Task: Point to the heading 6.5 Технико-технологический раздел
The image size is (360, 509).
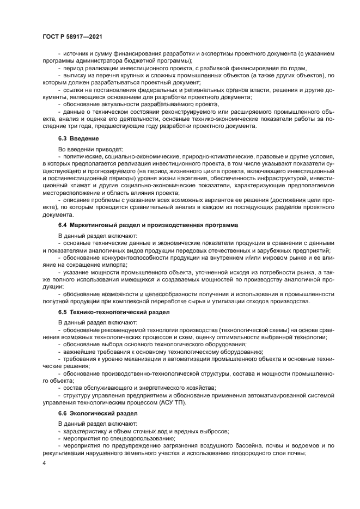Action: click(114, 312)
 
